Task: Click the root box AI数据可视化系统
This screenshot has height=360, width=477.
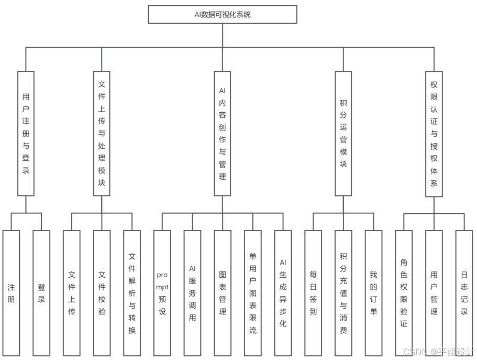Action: [x=223, y=15]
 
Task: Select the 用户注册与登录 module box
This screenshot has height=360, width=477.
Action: [x=26, y=134]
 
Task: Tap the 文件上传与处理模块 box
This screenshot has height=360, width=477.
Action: [x=102, y=134]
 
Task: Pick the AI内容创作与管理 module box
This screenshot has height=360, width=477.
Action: [x=223, y=134]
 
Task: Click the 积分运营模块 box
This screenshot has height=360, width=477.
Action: [x=343, y=134]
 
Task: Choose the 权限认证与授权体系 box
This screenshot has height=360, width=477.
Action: [x=434, y=134]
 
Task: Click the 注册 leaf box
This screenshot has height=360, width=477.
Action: [x=11, y=293]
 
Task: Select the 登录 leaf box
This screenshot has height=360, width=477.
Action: [x=41, y=293]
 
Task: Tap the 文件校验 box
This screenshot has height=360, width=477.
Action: [x=102, y=293]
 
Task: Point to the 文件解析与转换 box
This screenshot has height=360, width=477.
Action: [x=132, y=293]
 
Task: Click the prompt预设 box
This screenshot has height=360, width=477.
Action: [x=162, y=293]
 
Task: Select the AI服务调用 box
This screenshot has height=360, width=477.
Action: [x=192, y=293]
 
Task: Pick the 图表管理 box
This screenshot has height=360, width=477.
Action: [x=223, y=293]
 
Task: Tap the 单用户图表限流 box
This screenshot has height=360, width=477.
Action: [x=253, y=293]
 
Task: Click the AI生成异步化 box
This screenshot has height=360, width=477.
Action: [x=283, y=293]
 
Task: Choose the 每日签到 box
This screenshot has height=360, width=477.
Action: [x=313, y=293]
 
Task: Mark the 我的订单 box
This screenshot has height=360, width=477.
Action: [x=373, y=293]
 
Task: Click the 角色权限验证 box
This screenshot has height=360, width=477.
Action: [x=404, y=293]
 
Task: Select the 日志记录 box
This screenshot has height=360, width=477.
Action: [x=464, y=293]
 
